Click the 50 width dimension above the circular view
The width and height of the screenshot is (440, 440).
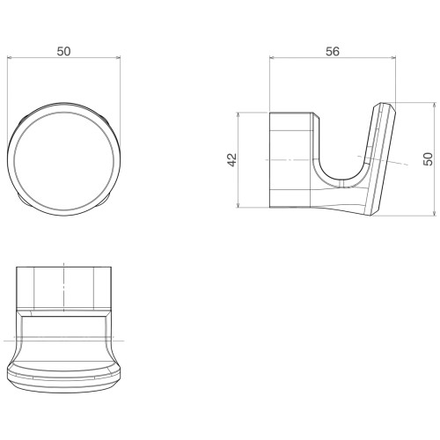tap(63, 51)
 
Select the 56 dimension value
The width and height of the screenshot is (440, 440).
tap(333, 51)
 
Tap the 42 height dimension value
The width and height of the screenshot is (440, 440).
tap(232, 160)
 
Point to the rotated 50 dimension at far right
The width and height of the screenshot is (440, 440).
tap(429, 159)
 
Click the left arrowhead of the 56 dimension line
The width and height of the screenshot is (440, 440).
tap(272, 58)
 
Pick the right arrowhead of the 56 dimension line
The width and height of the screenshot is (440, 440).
tap(393, 58)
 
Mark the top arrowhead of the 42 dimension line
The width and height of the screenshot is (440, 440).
tap(238, 114)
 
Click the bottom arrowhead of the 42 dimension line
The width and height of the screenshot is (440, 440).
tap(238, 205)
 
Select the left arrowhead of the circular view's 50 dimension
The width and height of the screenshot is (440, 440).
tap(10, 58)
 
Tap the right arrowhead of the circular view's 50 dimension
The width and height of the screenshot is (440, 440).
tap(118, 58)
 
